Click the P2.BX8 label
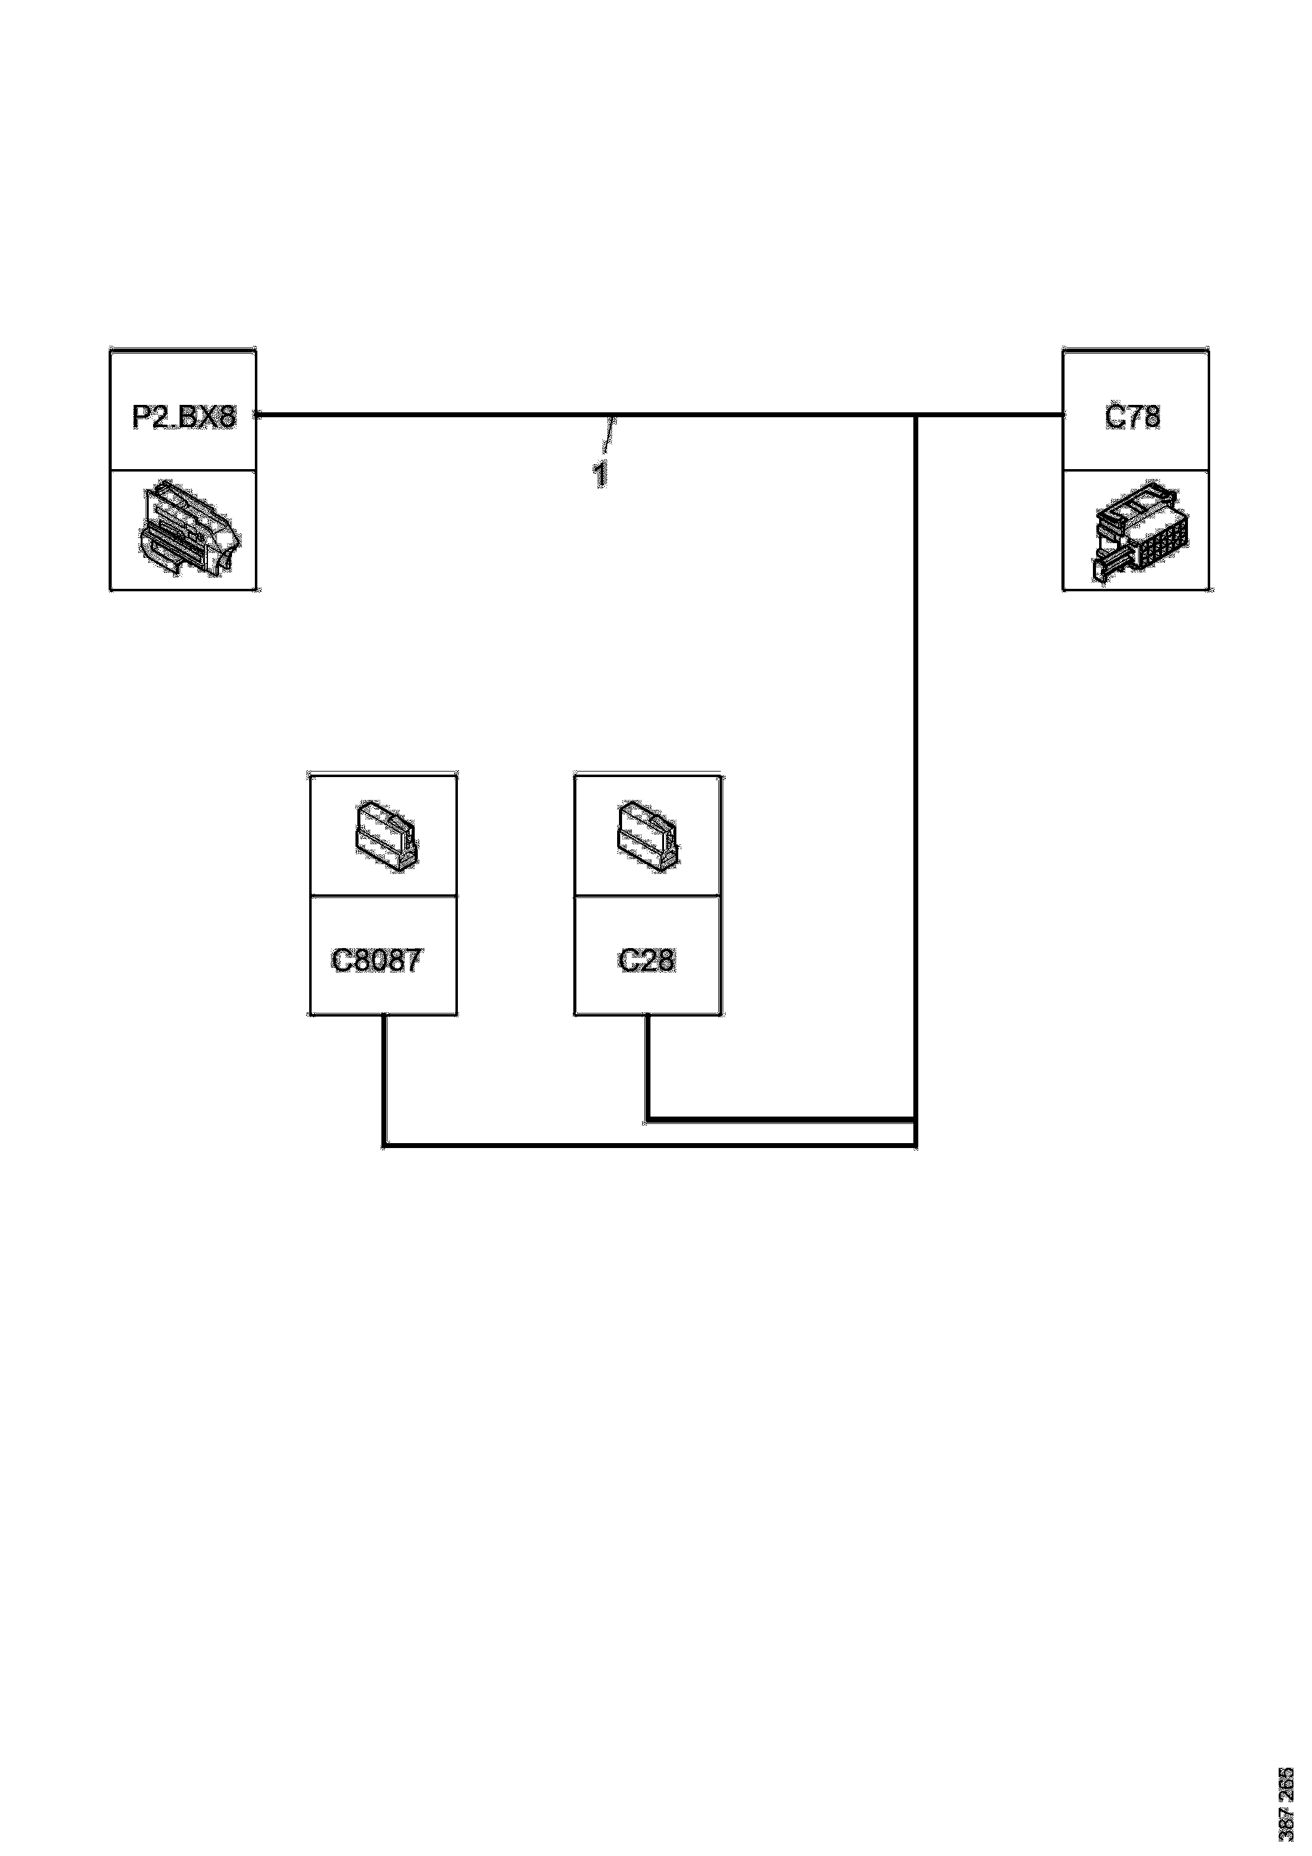pyautogui.click(x=185, y=417)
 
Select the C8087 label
pyautogui.click(x=376, y=960)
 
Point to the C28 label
pyautogui.click(x=646, y=960)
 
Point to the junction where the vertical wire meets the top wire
pyautogui.click(x=915, y=415)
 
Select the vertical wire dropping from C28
pyautogui.click(x=647, y=1067)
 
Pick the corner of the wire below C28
pyautogui.click(x=647, y=1120)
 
